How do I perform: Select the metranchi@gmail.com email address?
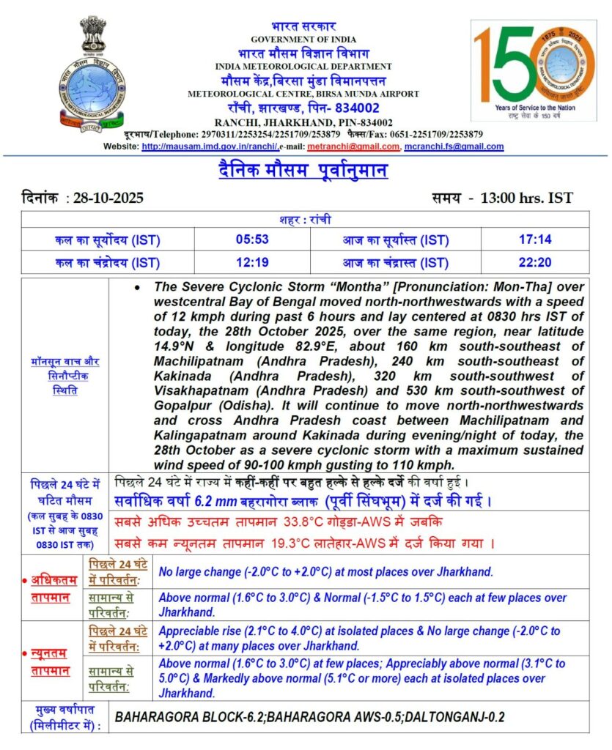pos(354,146)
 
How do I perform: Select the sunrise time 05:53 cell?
pos(251,240)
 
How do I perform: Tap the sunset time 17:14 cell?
pos(534,240)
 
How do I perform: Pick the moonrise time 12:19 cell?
pos(251,262)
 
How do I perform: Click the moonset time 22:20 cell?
pos(534,262)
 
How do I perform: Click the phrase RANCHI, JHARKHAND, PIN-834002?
pos(303,122)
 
